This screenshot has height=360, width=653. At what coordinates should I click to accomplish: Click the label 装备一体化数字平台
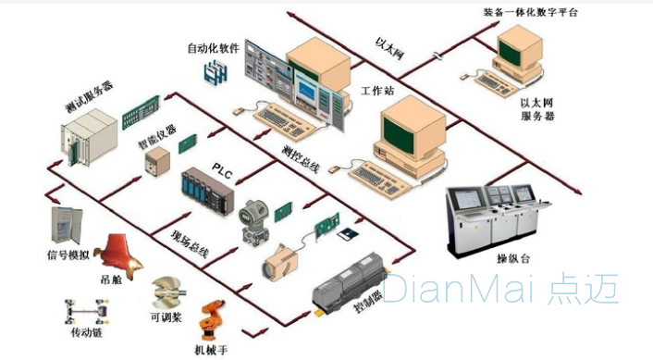(x=531, y=13)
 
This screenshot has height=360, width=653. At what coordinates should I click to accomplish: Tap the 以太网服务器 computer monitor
(x=520, y=48)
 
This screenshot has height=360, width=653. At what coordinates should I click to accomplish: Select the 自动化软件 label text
(x=214, y=48)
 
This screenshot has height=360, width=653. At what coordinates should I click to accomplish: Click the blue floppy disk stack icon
(x=216, y=72)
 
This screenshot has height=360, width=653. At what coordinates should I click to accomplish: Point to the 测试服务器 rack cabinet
(x=89, y=138)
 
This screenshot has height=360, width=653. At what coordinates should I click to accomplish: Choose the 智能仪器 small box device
(x=157, y=162)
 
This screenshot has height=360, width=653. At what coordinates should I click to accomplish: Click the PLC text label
(x=222, y=170)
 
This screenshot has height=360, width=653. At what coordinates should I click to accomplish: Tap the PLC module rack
(x=208, y=192)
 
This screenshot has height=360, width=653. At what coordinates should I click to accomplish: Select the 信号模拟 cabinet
(x=67, y=225)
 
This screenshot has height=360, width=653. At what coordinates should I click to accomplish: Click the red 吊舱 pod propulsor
(x=118, y=256)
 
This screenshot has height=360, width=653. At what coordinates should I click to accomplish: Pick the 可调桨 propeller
(x=167, y=292)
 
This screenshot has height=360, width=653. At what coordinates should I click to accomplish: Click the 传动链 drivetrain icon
(x=86, y=311)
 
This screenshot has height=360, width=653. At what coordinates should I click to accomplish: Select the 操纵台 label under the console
(x=512, y=258)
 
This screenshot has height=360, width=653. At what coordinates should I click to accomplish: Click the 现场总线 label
(x=190, y=243)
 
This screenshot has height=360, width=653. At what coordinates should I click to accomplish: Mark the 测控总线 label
(x=301, y=159)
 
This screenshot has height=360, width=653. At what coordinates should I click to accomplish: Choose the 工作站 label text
(x=376, y=91)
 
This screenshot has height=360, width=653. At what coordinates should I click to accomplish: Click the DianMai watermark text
(x=499, y=288)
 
